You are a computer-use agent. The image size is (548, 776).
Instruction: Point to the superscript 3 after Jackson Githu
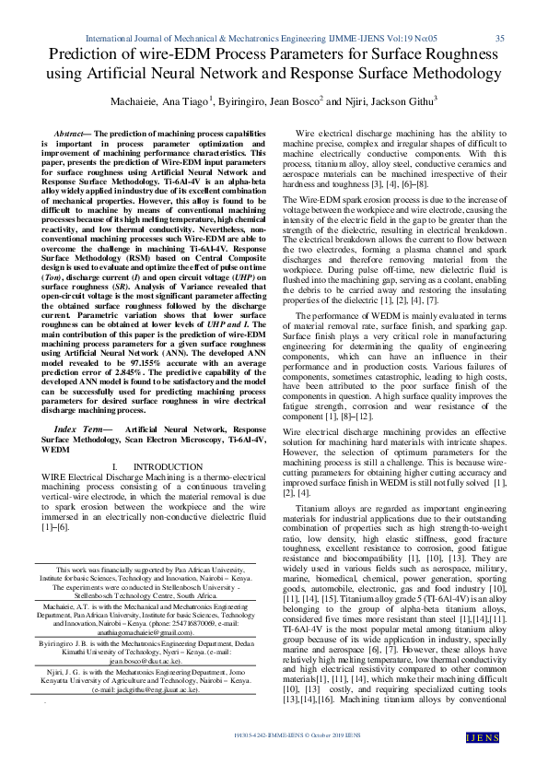pyautogui.click(x=435, y=97)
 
